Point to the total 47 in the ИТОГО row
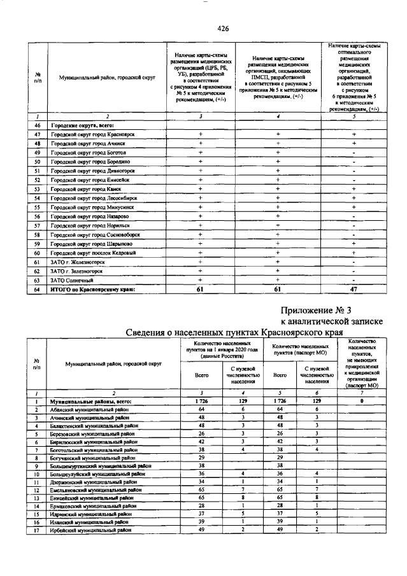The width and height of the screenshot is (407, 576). pyautogui.click(x=353, y=290)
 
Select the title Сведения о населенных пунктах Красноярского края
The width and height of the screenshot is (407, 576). pyautogui.click(x=234, y=333)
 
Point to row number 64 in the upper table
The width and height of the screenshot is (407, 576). pyautogui.click(x=38, y=290)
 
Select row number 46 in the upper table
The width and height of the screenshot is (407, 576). pyautogui.click(x=38, y=125)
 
